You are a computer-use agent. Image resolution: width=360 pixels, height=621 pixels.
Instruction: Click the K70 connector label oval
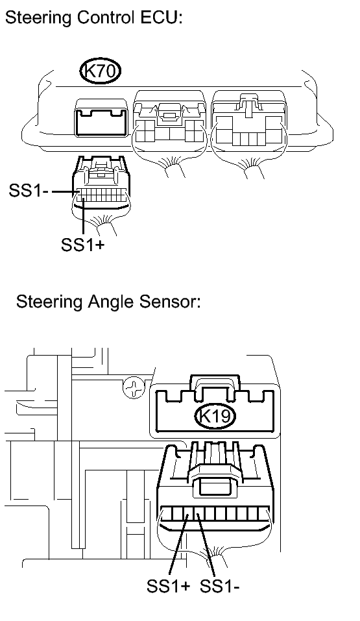pyautogui.click(x=100, y=71)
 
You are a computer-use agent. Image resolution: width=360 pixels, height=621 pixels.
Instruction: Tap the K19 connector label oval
pyautogui.click(x=215, y=416)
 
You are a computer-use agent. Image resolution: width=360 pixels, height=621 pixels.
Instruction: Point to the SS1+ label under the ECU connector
pyautogui.click(x=83, y=245)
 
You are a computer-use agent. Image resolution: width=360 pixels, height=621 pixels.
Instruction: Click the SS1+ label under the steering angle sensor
pyautogui.click(x=168, y=586)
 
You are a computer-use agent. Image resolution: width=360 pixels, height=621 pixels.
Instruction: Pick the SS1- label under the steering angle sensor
pyautogui.click(x=220, y=586)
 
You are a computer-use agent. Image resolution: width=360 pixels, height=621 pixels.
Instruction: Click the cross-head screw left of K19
pyautogui.click(x=134, y=388)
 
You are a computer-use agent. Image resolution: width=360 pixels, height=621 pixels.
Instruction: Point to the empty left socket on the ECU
pyautogui.click(x=101, y=118)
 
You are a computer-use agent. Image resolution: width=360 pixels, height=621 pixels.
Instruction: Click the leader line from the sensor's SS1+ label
pyautogui.click(x=178, y=544)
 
